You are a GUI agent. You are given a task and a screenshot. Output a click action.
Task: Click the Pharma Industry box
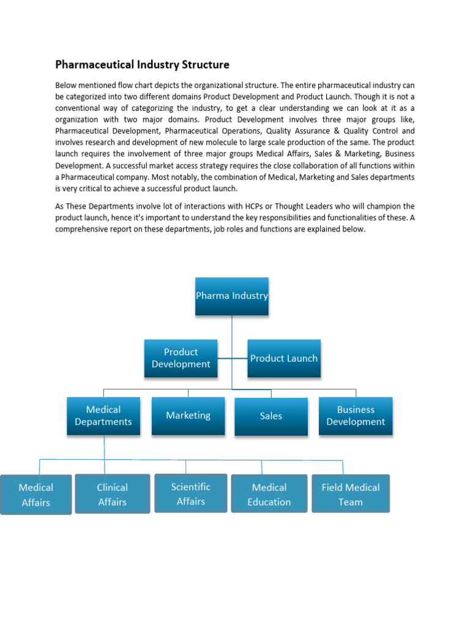232,296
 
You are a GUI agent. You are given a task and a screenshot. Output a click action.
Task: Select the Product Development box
181,358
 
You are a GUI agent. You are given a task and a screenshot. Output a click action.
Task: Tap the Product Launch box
284,358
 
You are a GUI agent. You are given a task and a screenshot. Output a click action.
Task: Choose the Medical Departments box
103,416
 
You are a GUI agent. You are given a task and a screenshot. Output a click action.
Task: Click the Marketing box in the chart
188,416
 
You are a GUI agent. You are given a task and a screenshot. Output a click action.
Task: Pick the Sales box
271,416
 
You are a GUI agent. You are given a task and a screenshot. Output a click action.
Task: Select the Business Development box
356,416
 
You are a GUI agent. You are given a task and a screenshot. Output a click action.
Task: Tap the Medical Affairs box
36,495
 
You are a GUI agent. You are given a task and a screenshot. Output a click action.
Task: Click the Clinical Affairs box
113,494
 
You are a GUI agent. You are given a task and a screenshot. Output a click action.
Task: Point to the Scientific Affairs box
191,494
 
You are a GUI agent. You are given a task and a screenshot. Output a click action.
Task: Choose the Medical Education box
269,494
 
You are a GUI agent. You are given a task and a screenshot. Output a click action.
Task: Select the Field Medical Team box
351,494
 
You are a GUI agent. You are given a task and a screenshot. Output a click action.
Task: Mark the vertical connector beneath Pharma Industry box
232,334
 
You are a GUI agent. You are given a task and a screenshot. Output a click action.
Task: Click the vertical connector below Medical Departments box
104,447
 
